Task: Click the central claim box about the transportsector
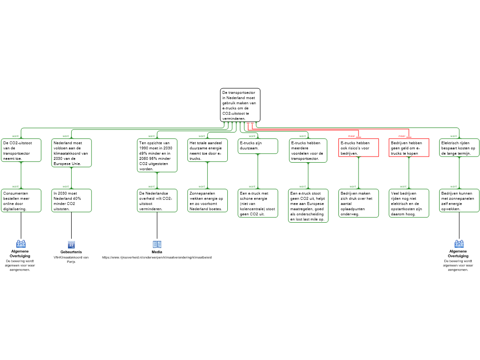click(x=240, y=105)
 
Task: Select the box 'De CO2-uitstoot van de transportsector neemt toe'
click(x=21, y=150)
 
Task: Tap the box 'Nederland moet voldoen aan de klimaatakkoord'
click(x=71, y=153)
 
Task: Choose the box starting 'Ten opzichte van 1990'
click(x=157, y=155)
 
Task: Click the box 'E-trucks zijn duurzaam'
click(x=258, y=146)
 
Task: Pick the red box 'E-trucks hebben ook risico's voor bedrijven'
click(x=359, y=148)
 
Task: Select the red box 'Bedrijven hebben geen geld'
click(x=409, y=148)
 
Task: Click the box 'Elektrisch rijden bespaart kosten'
click(x=459, y=148)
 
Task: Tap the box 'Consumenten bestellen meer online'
click(x=21, y=201)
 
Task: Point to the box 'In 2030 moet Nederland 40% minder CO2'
click(x=71, y=201)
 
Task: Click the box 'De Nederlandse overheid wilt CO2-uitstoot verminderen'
click(x=157, y=201)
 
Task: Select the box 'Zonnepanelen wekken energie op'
click(x=207, y=201)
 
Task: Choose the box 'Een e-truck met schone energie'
click(x=258, y=203)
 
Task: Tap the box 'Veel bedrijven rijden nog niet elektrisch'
click(x=409, y=203)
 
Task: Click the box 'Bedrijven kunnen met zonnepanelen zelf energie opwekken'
click(x=459, y=201)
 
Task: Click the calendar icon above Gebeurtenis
click(x=71, y=244)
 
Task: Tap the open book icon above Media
click(x=157, y=244)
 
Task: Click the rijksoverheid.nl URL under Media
click(x=157, y=257)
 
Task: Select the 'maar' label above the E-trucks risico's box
click(x=352, y=136)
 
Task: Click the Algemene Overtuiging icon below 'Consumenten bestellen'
click(x=21, y=244)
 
